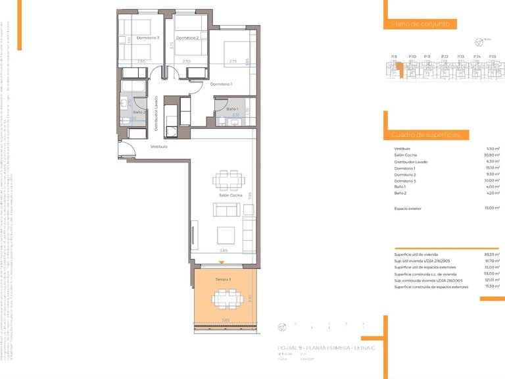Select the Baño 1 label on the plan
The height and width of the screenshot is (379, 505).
coord(231,109)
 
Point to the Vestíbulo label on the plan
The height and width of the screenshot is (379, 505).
coord(158,147)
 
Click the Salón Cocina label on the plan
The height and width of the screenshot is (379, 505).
coord(231,196)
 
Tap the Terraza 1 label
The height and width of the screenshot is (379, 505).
coord(224,280)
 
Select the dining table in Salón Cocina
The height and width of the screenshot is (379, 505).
coord(229,180)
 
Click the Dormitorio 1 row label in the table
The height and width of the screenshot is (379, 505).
coord(405,168)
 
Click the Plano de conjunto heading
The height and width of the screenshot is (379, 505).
coord(420,24)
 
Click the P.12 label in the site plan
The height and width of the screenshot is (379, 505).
coord(445,57)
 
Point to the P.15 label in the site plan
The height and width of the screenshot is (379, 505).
coord(493,57)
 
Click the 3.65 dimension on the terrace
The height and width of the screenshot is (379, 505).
coord(226,320)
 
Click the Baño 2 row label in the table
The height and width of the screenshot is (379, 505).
coord(401,193)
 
